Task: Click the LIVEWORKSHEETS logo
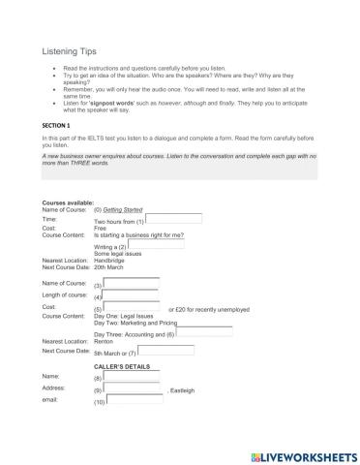pos(300,453)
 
